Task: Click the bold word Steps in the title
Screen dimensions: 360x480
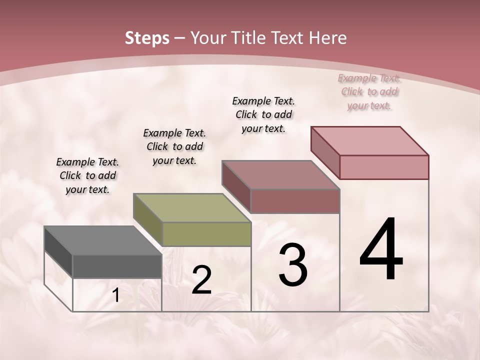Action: pos(147,38)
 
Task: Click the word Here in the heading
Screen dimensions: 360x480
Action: pos(328,38)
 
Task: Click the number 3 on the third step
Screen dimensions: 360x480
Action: pos(293,265)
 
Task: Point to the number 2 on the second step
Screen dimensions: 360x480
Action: pos(201,280)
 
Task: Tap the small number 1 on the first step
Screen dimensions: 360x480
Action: pos(116,295)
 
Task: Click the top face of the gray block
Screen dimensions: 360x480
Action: pos(103,240)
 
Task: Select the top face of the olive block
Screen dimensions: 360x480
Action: pos(192,208)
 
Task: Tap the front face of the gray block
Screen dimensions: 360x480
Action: pos(117,266)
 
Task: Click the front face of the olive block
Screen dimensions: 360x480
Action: pos(206,234)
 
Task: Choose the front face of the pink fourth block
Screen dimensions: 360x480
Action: pos(384,167)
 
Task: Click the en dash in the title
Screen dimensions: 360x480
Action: pos(179,38)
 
